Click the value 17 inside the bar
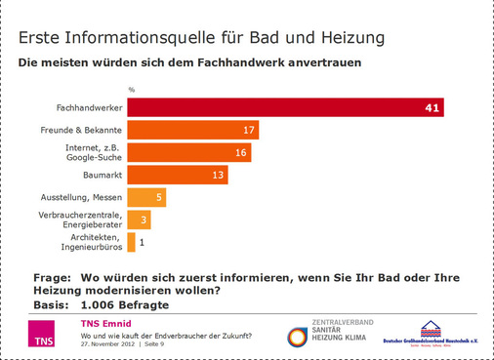coord(250,130)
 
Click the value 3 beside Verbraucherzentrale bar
coord(144,220)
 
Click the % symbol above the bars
coord(131,89)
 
